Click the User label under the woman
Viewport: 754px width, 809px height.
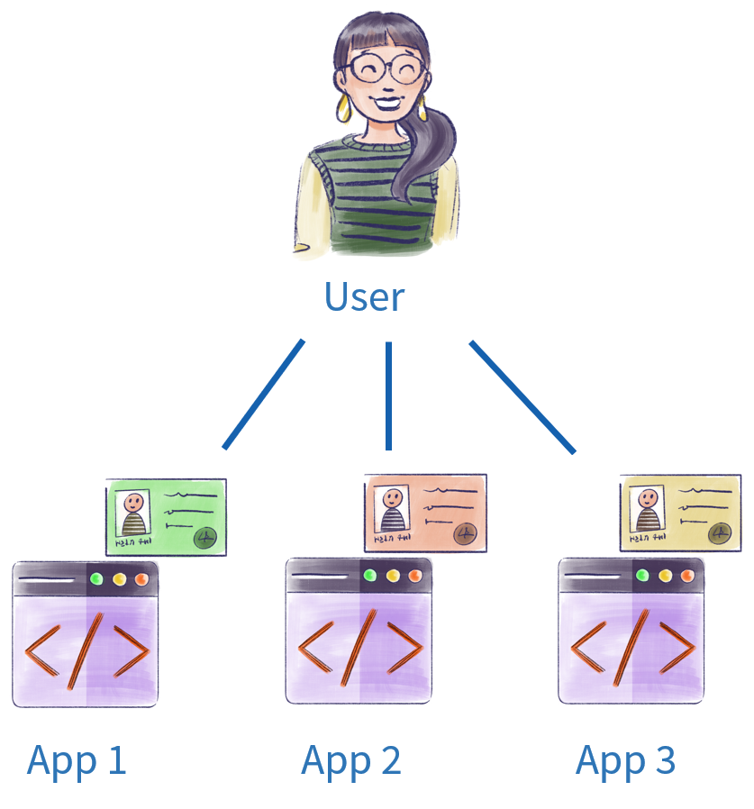364,297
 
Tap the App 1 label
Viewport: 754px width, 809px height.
77,761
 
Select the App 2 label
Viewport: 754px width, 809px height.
350,761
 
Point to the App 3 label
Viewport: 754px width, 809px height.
625,761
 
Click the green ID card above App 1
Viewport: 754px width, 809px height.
166,516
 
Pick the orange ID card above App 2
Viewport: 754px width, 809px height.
426,513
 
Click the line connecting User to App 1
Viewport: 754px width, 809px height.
263,394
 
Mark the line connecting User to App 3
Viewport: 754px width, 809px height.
522,396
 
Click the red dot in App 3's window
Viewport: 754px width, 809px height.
687,575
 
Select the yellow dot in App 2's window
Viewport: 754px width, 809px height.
392,575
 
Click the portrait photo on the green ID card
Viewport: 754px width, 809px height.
132,514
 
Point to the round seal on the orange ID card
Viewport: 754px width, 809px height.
466,533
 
